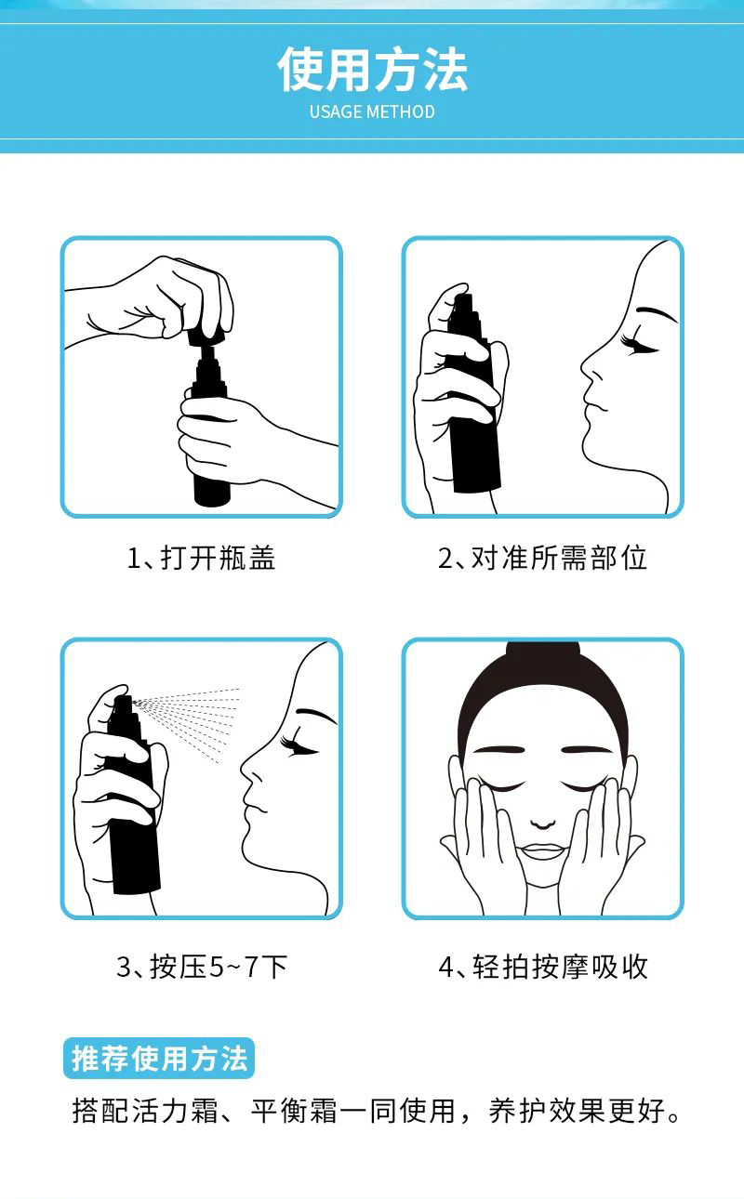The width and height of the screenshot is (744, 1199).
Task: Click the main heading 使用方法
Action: pyautogui.click(x=372, y=69)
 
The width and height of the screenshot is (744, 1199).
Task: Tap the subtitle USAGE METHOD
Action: pyautogui.click(x=372, y=112)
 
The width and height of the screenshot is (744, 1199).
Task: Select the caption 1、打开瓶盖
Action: pyautogui.click(x=202, y=558)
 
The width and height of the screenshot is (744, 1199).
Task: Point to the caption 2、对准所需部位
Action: pyautogui.click(x=542, y=558)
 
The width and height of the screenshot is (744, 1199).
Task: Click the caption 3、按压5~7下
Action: pyautogui.click(x=202, y=967)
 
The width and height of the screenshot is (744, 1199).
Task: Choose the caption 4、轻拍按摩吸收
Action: pyautogui.click(x=543, y=967)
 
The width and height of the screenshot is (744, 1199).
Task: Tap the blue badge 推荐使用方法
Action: pyautogui.click(x=158, y=1058)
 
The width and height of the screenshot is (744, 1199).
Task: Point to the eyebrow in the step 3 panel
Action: pyautogui.click(x=316, y=716)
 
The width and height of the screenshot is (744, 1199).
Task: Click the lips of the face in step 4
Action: pyautogui.click(x=543, y=850)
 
